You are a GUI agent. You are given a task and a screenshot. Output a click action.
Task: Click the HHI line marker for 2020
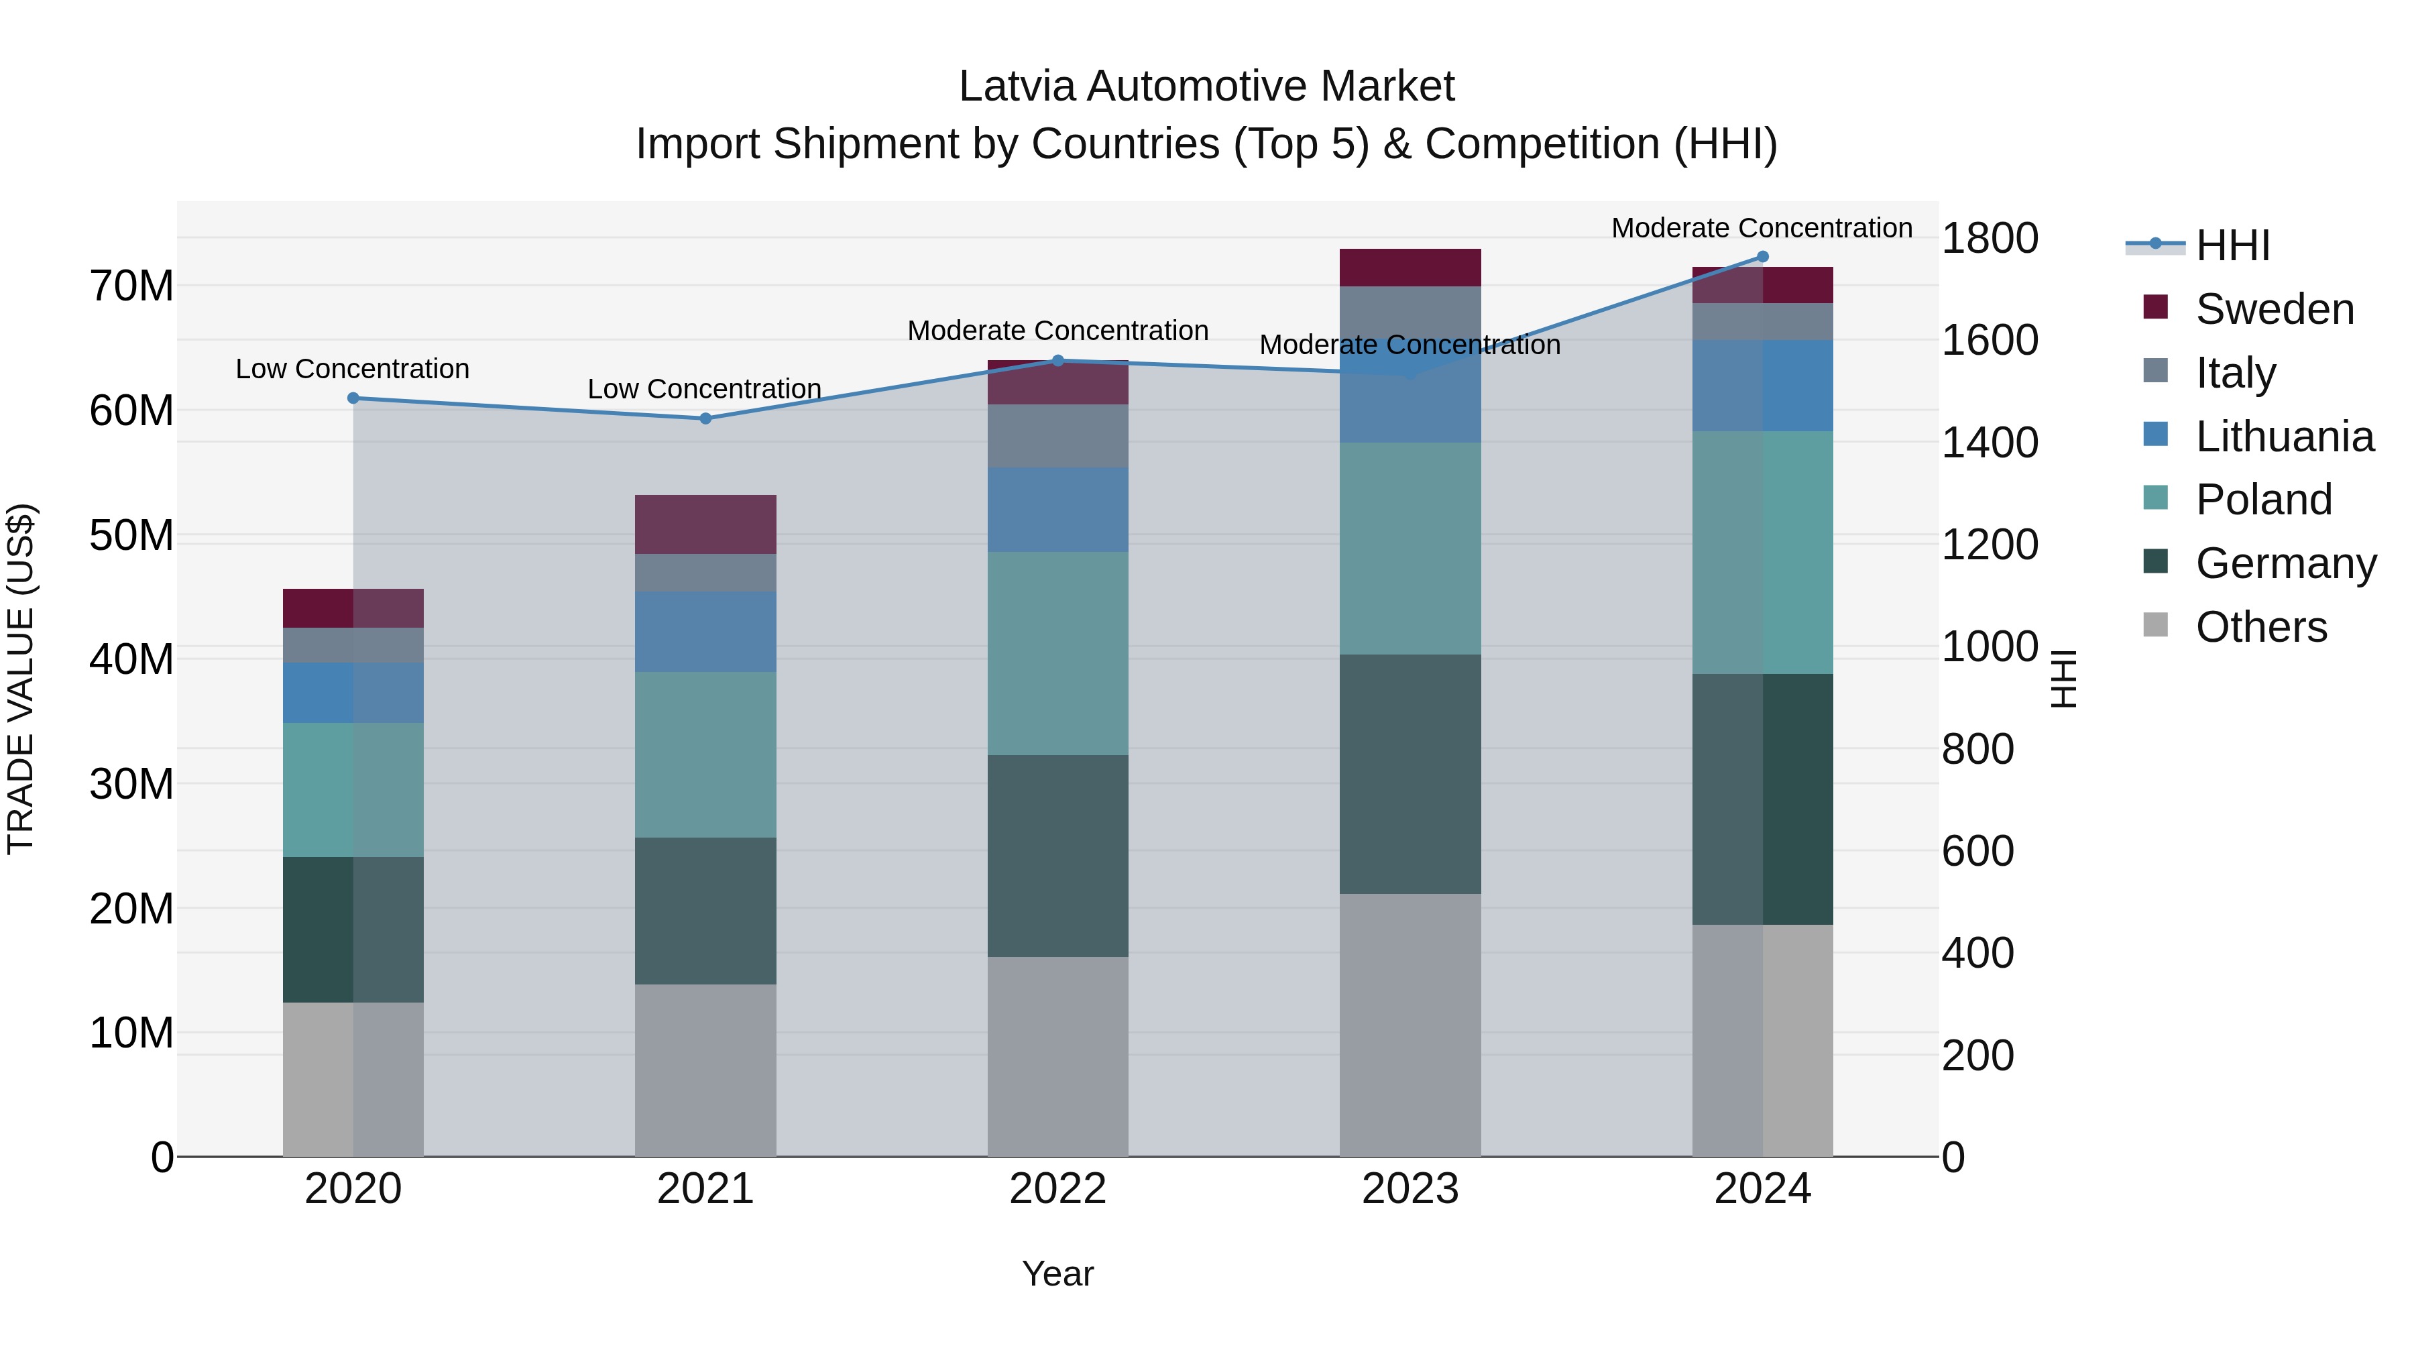coord(353,398)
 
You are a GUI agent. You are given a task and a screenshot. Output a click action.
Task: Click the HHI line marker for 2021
coord(705,419)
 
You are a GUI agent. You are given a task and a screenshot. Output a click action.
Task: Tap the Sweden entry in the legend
coord(2275,309)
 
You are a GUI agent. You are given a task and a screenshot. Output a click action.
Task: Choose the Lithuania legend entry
coord(2284,437)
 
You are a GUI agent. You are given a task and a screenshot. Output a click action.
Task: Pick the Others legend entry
coord(2260,627)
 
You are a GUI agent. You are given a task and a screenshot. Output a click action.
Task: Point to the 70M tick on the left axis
coord(131,286)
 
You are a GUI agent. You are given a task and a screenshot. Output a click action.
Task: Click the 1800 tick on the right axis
coord(1989,238)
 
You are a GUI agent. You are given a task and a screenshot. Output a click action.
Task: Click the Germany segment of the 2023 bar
coord(1410,774)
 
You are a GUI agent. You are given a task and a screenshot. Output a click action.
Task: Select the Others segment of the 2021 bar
coord(705,1070)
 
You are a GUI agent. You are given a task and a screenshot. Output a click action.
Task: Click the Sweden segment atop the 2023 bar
coord(1410,268)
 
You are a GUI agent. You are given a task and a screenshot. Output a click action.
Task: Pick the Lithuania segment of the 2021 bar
coord(705,632)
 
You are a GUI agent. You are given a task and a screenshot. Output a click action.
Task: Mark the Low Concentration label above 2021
coord(704,389)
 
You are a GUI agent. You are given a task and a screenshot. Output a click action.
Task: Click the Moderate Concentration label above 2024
coord(1761,228)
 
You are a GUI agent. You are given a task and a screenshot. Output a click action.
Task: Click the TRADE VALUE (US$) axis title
coord(21,679)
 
